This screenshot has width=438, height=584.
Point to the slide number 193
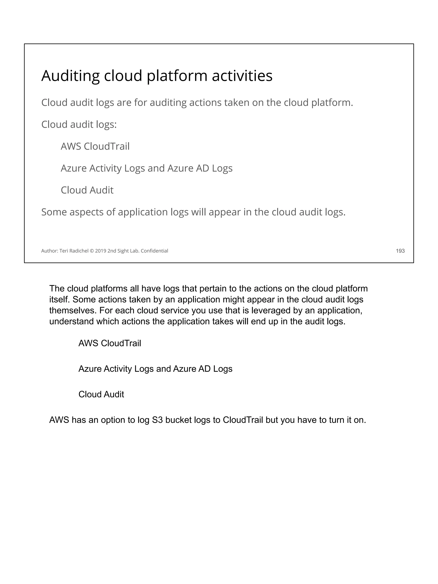pos(400,251)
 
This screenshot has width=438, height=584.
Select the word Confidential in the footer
pos(154,251)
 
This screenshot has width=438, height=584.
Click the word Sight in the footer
pos(123,251)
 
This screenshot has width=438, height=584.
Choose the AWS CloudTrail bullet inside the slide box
pos(95,146)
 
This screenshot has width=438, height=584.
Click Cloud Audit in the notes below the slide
pos(101,394)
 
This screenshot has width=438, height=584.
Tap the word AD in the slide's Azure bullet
pos(203,168)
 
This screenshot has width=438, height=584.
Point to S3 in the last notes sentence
pos(158,420)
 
